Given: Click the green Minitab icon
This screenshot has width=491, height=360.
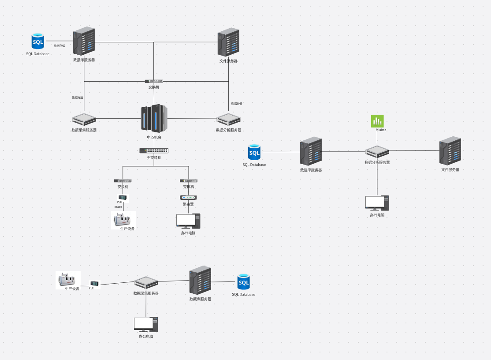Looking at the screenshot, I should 377,121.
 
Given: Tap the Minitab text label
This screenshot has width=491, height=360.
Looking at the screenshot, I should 381,130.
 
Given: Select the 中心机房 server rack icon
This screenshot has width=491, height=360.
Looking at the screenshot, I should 154,118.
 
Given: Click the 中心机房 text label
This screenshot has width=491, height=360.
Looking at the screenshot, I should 154,137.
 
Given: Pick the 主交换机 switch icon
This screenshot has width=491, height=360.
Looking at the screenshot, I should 154,150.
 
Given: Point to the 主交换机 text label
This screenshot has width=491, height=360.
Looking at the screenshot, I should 154,157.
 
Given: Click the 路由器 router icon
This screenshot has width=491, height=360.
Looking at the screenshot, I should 188,197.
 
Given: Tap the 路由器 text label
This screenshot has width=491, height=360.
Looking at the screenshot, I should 189,204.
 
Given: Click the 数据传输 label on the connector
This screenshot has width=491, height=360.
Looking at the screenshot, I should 78,97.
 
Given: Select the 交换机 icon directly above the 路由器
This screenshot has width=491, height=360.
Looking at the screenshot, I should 189,180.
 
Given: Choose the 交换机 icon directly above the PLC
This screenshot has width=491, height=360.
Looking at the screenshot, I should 123,180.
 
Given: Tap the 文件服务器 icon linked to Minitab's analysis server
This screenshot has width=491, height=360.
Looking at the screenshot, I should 450,151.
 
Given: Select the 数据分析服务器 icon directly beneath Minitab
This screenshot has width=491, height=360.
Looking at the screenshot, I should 377,152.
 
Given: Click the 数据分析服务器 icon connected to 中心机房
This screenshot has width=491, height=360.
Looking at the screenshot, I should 228,119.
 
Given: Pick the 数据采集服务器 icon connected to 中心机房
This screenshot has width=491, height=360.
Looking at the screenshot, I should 84,119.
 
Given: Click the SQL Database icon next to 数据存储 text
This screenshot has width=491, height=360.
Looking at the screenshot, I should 38,41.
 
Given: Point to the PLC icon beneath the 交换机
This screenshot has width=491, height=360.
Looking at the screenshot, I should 123,197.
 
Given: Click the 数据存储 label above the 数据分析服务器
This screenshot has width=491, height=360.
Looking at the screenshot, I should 237,104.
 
